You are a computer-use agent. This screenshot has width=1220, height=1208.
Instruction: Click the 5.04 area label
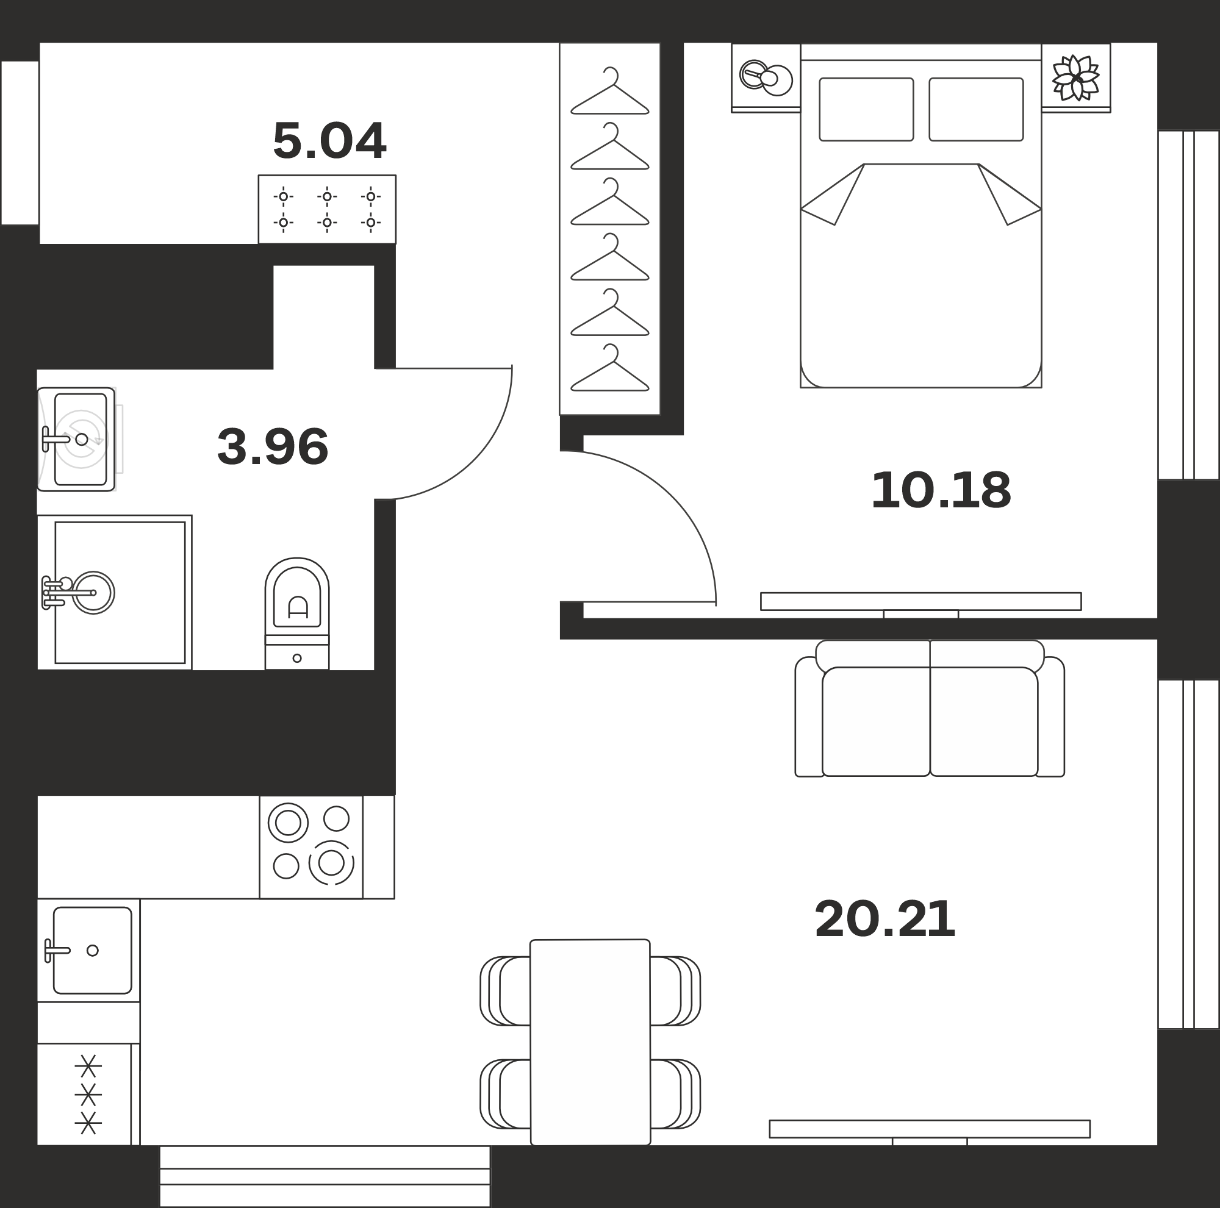click(x=329, y=141)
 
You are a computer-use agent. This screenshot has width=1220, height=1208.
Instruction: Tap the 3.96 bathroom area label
click(x=273, y=447)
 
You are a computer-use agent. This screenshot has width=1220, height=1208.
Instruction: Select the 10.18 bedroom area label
click(x=941, y=490)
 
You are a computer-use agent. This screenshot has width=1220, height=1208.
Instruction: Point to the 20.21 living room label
click(x=884, y=920)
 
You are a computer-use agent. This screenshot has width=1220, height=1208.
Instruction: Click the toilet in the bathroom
click(x=297, y=613)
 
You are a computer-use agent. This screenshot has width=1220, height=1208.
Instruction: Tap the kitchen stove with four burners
click(x=311, y=847)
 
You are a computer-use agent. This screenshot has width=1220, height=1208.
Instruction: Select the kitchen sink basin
click(x=92, y=951)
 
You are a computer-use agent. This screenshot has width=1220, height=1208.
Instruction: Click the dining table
click(x=590, y=1042)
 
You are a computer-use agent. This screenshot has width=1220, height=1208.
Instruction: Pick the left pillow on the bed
click(x=866, y=109)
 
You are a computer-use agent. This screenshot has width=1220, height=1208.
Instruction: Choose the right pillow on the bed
click(x=976, y=109)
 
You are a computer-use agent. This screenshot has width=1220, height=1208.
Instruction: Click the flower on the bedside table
click(x=1076, y=77)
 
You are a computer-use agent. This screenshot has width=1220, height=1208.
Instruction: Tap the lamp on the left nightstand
click(x=766, y=77)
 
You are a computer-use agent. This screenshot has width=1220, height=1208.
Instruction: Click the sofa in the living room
click(x=930, y=708)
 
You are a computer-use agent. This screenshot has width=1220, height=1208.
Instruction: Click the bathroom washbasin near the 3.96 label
click(x=76, y=439)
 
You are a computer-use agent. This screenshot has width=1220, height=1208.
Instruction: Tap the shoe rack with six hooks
click(x=327, y=209)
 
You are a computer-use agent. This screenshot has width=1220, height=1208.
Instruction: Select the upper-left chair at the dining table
click(x=506, y=991)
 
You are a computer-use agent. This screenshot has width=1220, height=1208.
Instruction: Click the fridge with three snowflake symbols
click(x=88, y=1095)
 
